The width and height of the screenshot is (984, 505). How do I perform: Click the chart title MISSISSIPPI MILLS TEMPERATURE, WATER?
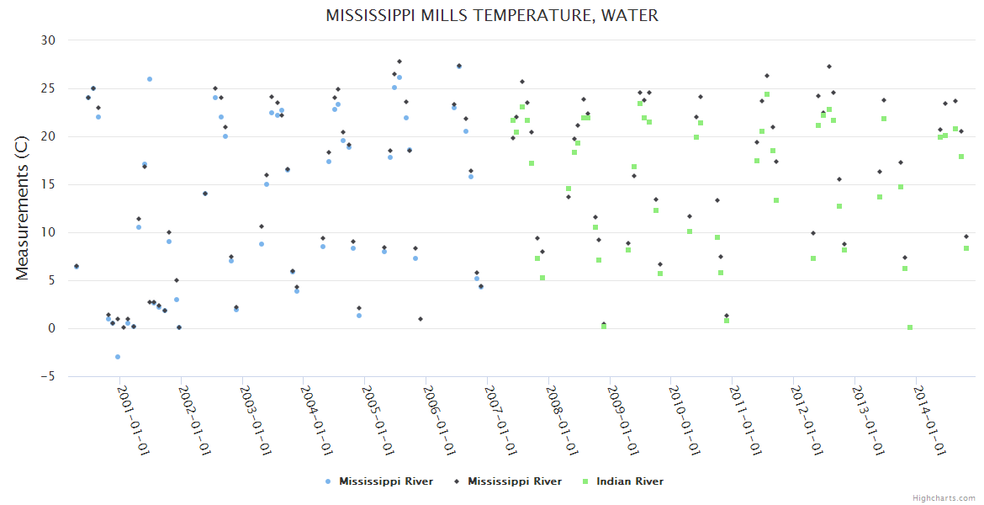[492, 16]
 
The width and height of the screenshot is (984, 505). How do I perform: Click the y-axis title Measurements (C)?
[23, 209]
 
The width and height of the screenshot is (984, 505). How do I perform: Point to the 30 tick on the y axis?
[48, 40]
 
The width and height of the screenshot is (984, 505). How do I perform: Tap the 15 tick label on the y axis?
[48, 184]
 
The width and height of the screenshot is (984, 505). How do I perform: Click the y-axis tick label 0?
[50, 329]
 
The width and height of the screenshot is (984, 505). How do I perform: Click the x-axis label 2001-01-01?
[133, 420]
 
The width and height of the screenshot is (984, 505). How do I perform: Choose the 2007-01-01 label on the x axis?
[500, 420]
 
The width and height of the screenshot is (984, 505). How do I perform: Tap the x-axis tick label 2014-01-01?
[929, 420]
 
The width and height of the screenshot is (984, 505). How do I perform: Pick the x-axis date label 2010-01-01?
[685, 420]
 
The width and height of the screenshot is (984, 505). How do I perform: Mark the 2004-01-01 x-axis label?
[317, 420]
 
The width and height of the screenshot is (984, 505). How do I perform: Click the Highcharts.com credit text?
[944, 497]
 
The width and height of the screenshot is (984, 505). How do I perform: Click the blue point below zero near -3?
[118, 357]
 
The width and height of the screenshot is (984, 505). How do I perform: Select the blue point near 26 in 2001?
[150, 79]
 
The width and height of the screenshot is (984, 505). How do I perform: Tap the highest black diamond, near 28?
[399, 61]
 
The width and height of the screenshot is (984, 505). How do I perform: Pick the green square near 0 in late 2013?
[910, 327]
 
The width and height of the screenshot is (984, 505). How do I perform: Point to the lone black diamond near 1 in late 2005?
[421, 319]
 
